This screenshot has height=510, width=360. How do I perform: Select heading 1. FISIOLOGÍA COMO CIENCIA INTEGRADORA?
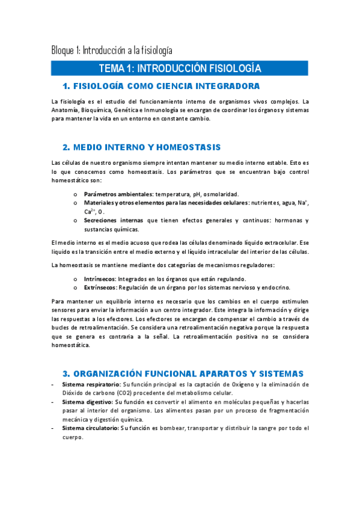click(x=161, y=85)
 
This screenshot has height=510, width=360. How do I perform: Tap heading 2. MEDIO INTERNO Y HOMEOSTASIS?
click(x=142, y=147)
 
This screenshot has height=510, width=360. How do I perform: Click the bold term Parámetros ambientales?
click(x=118, y=194)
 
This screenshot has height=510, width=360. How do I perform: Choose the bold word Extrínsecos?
click(x=100, y=288)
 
